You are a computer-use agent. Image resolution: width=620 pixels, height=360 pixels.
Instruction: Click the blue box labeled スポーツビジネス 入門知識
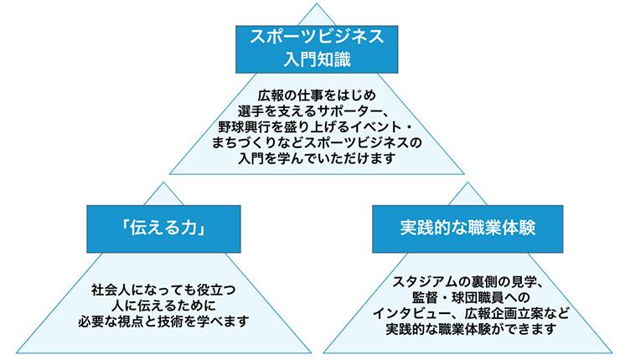click(x=310, y=49)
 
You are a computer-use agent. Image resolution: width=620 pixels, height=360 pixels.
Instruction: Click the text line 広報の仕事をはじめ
click(x=310, y=92)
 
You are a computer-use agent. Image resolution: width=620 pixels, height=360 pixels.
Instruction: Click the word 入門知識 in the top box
click(x=310, y=60)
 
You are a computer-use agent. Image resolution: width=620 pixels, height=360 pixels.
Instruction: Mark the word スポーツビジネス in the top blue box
click(x=310, y=37)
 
